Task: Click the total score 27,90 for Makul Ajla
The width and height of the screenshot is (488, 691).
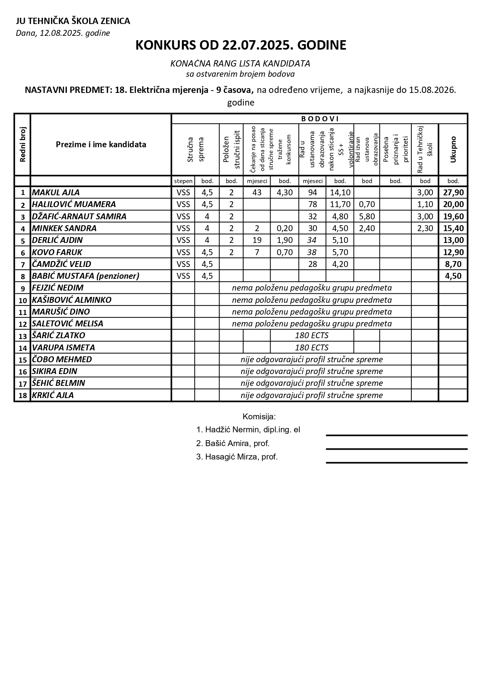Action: tap(453, 193)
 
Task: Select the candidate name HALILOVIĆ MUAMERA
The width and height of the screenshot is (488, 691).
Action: tap(74, 204)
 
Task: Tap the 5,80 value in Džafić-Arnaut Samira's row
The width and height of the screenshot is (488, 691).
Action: tap(367, 217)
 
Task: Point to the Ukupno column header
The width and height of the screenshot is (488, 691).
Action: tap(453, 149)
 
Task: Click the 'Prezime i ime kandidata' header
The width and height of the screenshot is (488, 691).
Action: tap(101, 144)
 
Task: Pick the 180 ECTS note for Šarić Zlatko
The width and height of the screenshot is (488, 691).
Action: tap(311, 335)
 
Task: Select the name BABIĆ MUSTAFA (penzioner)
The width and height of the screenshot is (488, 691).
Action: tap(85, 276)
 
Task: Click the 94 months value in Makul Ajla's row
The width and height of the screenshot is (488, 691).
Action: tap(313, 193)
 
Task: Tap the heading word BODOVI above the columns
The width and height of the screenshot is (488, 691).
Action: tap(320, 119)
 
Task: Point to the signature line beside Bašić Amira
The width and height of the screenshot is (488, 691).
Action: tap(396, 448)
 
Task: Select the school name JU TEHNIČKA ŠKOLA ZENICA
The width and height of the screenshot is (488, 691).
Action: tap(73, 21)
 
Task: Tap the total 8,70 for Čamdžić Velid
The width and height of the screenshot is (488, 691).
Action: tap(453, 264)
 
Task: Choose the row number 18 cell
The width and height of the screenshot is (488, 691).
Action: tap(22, 395)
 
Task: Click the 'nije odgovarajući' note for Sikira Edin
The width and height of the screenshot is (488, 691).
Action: tap(311, 371)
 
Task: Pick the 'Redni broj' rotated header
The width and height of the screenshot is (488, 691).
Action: tap(22, 144)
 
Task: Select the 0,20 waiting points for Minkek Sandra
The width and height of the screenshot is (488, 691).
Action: tap(285, 228)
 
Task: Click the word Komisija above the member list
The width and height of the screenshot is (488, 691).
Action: tap(259, 417)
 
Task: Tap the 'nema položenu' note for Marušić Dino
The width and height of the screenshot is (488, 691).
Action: tap(311, 312)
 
